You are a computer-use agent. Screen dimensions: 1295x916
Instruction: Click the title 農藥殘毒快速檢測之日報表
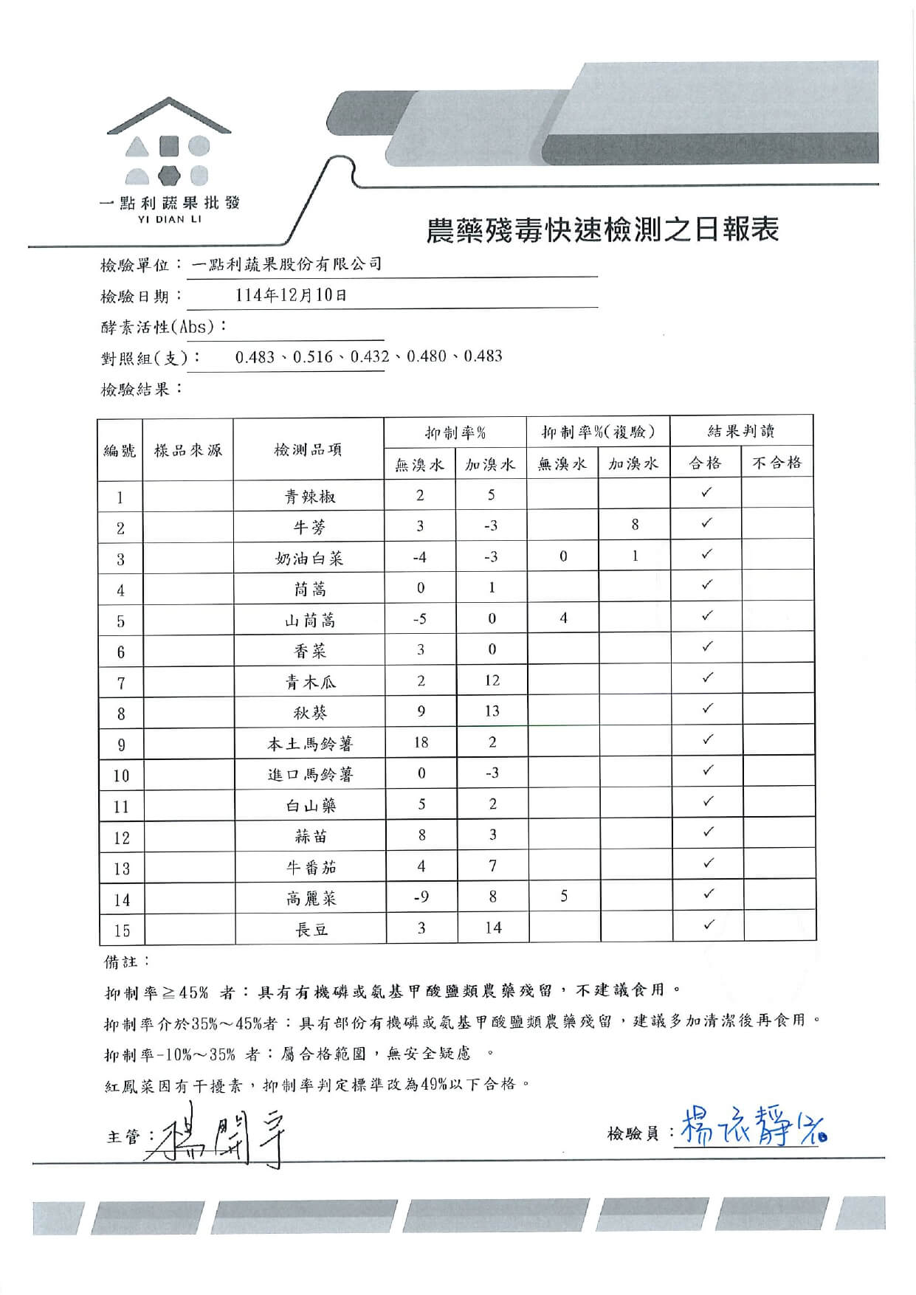(x=603, y=230)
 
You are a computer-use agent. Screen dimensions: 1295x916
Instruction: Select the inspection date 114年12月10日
(x=291, y=295)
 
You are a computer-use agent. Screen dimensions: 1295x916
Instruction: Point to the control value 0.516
(x=313, y=357)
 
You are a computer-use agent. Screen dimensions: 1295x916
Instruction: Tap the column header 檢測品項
(x=308, y=449)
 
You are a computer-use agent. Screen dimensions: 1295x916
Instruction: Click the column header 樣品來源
(x=187, y=449)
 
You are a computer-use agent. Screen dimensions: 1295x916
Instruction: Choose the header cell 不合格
(x=776, y=463)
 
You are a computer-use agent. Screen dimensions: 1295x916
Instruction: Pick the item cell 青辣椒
(x=310, y=497)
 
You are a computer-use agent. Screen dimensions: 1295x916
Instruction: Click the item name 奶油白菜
(x=309, y=559)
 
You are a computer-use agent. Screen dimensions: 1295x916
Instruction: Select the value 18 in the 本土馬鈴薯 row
(x=421, y=742)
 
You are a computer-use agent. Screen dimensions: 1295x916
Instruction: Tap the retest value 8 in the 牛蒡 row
(x=635, y=525)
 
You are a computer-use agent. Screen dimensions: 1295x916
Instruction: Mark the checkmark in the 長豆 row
(x=708, y=925)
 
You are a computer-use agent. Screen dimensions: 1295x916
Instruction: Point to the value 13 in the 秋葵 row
(x=492, y=711)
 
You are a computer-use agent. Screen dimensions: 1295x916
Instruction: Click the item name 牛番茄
(x=311, y=868)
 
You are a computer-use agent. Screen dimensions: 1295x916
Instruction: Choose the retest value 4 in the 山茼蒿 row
(x=563, y=618)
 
